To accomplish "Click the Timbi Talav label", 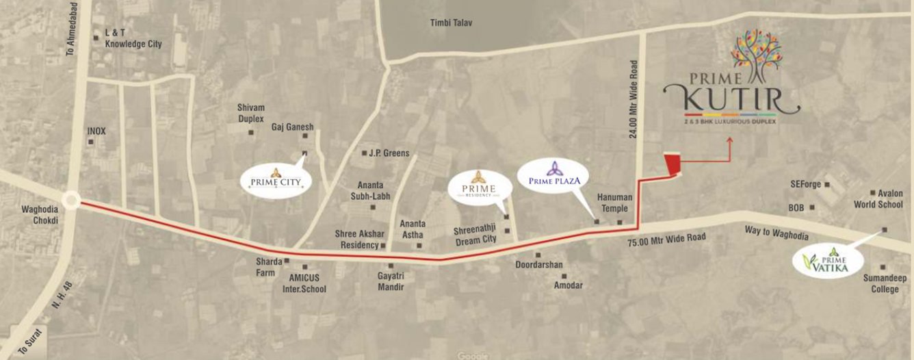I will pos(451,23).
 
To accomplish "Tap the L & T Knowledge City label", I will pos(133,38).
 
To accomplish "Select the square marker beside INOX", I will pos(90,142).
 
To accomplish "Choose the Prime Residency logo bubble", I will pos(478,184).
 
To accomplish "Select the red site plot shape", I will pos(673,165).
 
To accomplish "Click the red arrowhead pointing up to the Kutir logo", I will pos(730,141).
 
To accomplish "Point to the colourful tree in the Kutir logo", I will pos(755,55).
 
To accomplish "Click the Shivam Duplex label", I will pos(250,113).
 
